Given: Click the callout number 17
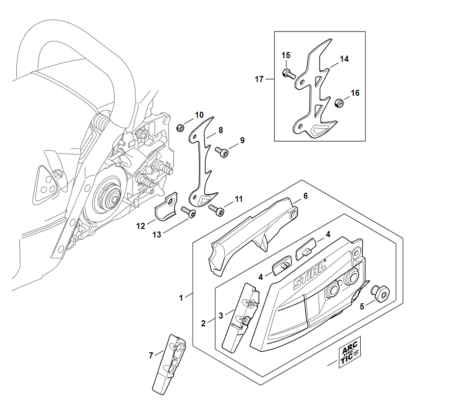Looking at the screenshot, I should (x=259, y=79).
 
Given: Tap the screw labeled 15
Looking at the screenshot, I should (x=287, y=73).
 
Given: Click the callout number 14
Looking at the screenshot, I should (x=344, y=59).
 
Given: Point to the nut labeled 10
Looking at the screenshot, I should (x=180, y=127).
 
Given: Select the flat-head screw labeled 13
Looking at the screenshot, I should (x=190, y=214).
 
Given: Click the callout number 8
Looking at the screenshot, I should (x=221, y=131).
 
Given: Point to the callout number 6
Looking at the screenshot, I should (x=306, y=196).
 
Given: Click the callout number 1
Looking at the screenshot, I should (x=181, y=298).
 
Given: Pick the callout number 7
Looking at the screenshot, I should (x=151, y=355).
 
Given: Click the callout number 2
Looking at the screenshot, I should (x=204, y=323).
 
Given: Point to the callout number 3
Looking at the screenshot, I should (x=221, y=316).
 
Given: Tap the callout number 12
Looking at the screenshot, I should (x=141, y=225).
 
